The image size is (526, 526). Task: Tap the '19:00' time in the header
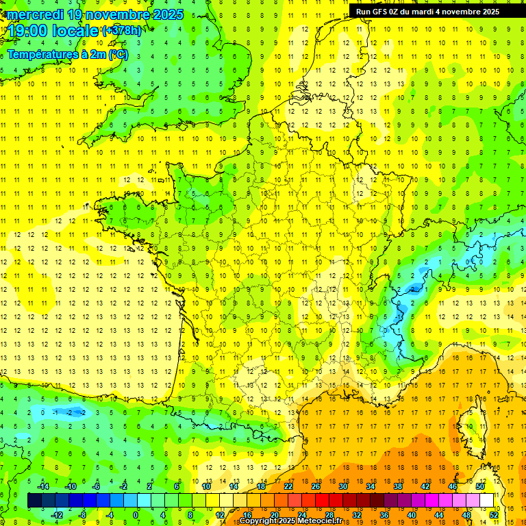tap(27, 31)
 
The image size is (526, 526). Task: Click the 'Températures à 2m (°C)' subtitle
tap(68, 54)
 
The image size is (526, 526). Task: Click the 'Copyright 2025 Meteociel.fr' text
tap(290, 521)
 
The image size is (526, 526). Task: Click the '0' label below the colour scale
tap(136, 515)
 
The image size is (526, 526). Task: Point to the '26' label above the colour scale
tap(316, 486)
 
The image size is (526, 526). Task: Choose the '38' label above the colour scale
tap(398, 486)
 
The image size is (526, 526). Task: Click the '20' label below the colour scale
tap(274, 515)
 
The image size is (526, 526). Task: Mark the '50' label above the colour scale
tap(479, 486)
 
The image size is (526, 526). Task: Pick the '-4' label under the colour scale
tap(110, 515)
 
